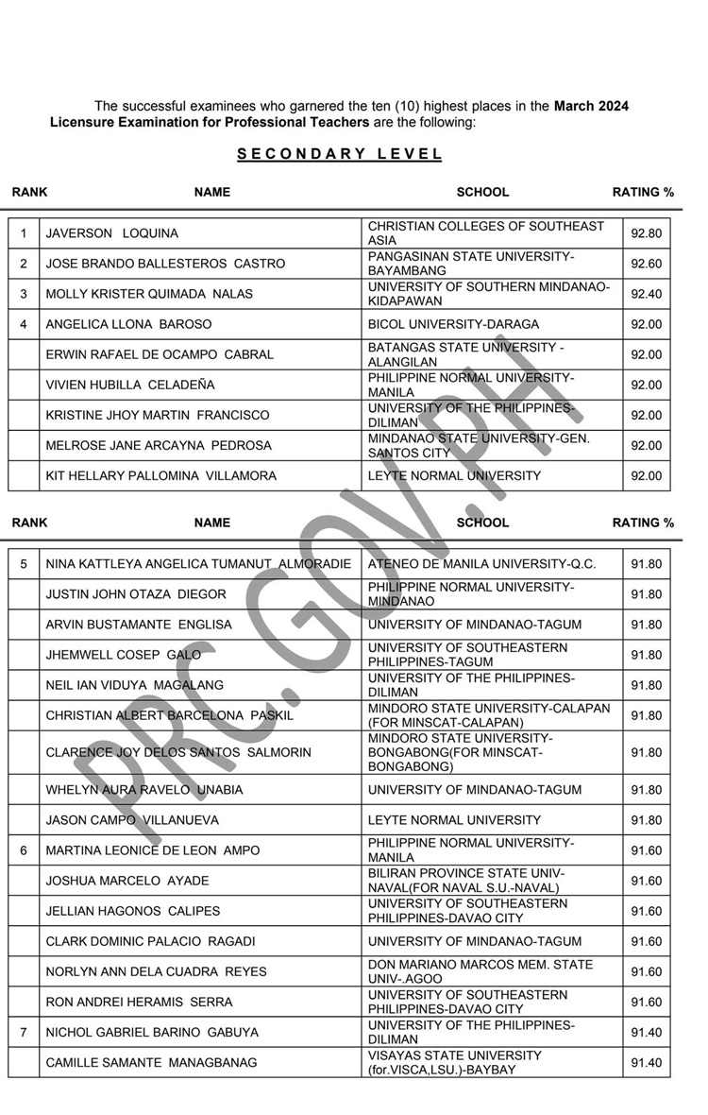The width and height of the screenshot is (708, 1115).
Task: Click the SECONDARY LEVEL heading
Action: coord(339,155)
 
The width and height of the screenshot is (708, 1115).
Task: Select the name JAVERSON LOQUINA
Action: coord(112,233)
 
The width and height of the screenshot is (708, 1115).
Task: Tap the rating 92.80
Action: coord(647,233)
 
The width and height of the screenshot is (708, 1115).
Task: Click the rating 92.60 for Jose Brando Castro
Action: coord(647,264)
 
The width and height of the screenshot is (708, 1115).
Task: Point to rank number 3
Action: coord(24,294)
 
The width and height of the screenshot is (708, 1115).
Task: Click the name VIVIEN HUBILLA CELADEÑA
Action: coord(130,385)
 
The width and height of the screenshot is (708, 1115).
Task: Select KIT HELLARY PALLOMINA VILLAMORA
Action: coord(161,475)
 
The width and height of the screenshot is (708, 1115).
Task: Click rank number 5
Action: coord(24,564)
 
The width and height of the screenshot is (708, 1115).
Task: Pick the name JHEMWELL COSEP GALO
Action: coord(118,655)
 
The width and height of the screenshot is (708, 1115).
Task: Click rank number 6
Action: coord(24,850)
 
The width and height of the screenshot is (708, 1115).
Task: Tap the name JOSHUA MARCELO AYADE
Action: coord(127,881)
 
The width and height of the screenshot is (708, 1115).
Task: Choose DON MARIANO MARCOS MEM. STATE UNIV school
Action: coord(480,971)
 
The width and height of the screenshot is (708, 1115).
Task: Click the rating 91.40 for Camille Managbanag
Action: coord(647,1063)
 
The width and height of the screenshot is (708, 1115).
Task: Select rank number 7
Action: coord(24,1033)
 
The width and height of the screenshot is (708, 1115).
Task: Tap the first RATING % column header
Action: coord(643,192)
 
